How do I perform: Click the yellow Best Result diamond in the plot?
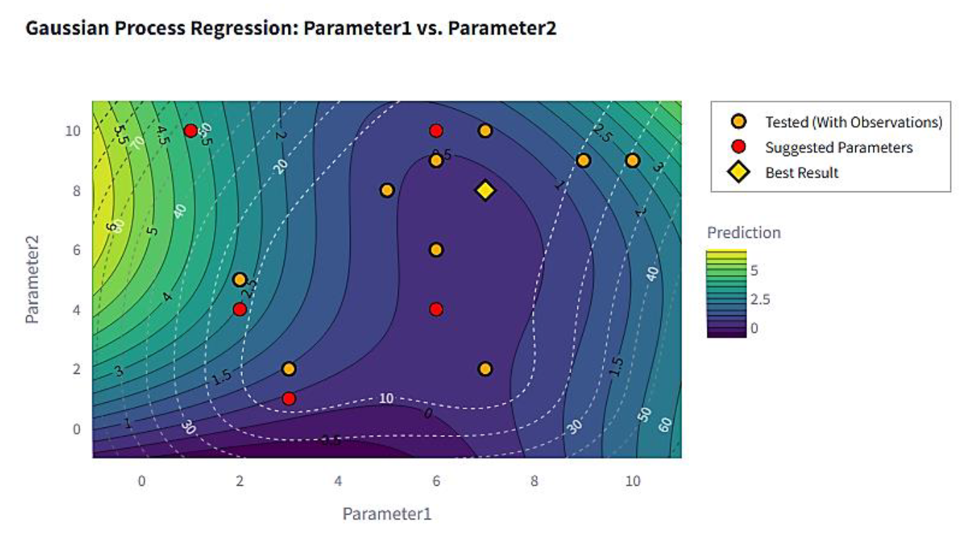pyautogui.click(x=485, y=190)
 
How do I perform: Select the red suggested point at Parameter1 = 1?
pyautogui.click(x=190, y=131)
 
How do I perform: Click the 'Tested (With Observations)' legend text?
pyautogui.click(x=853, y=122)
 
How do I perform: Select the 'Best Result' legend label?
pyautogui.click(x=802, y=172)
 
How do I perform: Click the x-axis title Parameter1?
pyautogui.click(x=386, y=514)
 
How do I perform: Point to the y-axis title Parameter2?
pyautogui.click(x=32, y=279)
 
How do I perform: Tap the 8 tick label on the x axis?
pyautogui.click(x=534, y=481)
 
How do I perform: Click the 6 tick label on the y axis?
pyautogui.click(x=77, y=250)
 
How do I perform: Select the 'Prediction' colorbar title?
pyautogui.click(x=743, y=233)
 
